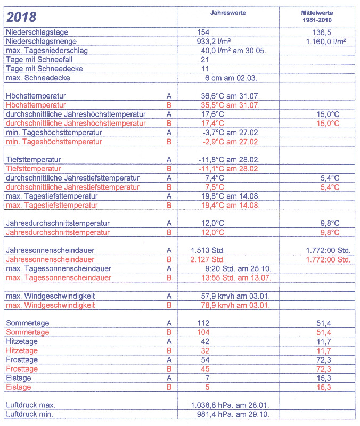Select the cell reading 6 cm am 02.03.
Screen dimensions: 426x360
coord(230,78)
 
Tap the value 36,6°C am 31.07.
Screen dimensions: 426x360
coord(230,96)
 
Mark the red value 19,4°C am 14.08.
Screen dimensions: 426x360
coord(230,206)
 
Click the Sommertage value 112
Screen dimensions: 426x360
coord(203,323)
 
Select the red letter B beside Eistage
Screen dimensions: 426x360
coord(169,387)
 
